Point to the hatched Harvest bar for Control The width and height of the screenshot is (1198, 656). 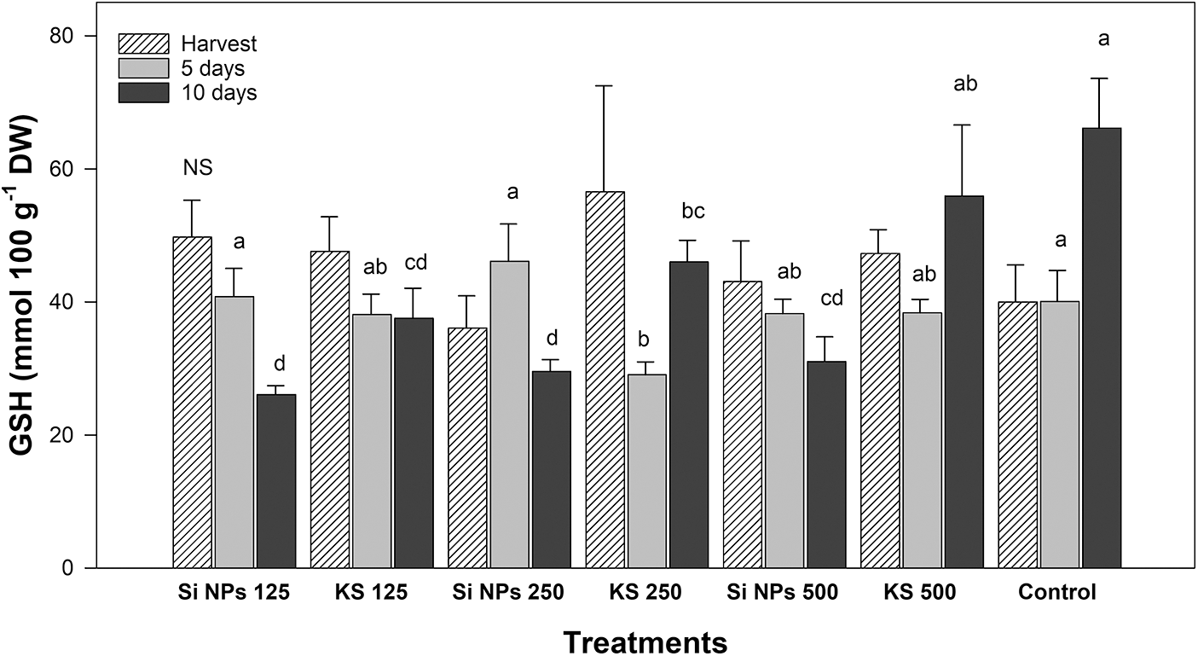[1018, 435]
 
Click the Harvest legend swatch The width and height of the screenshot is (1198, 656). [145, 43]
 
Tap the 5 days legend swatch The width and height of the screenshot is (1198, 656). [145, 68]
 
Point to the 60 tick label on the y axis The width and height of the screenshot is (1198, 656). [67, 169]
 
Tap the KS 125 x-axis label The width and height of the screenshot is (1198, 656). [372, 593]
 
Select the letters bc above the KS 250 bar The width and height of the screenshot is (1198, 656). [689, 212]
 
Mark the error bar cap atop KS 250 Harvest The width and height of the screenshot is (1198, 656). [605, 86]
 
